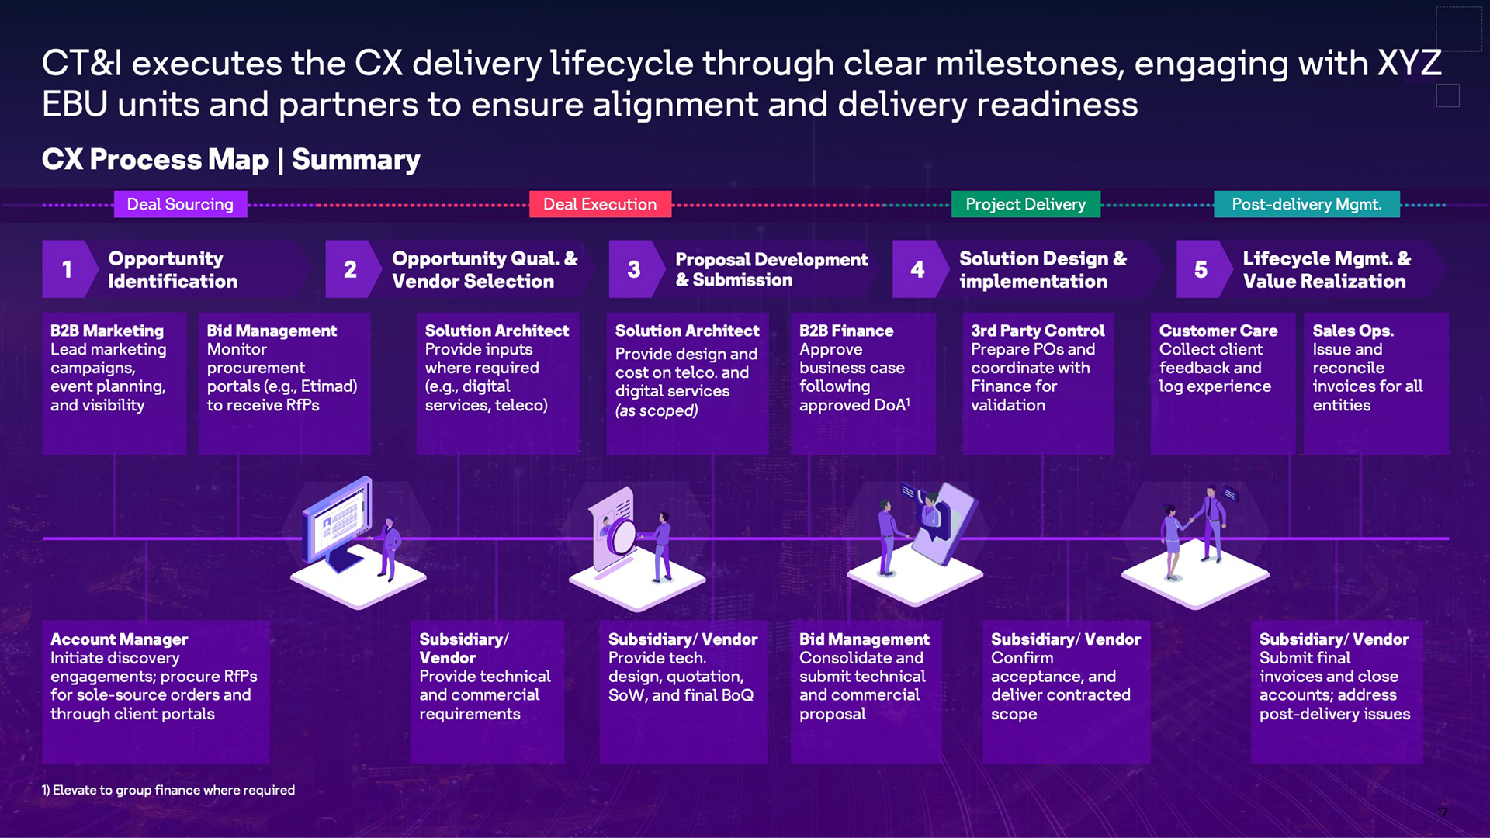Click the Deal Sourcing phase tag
click(x=180, y=204)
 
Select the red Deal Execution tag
click(x=600, y=204)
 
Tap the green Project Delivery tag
click(x=1025, y=204)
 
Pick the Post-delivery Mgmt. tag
click(x=1306, y=204)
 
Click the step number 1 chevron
click(x=68, y=269)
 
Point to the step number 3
click(x=634, y=269)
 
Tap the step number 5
click(x=1201, y=269)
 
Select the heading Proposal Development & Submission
click(x=771, y=269)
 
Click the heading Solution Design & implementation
click(x=1042, y=269)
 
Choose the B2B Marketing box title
click(x=107, y=331)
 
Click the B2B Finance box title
click(x=846, y=331)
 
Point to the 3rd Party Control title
click(x=1038, y=331)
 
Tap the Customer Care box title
click(x=1218, y=331)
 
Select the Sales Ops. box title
click(x=1353, y=331)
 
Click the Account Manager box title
click(x=119, y=639)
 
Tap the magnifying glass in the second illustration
click(x=621, y=535)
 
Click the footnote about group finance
click(x=168, y=790)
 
